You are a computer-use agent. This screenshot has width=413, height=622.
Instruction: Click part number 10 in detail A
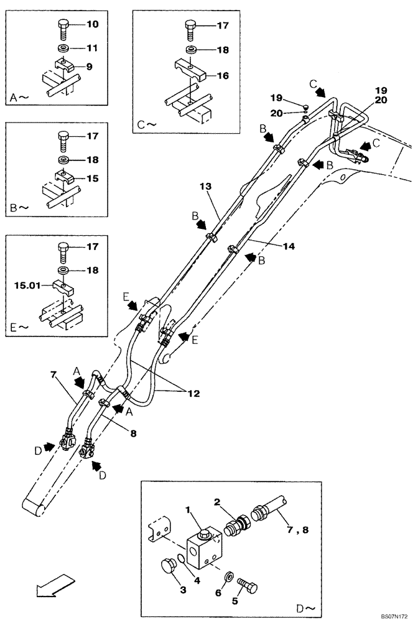coord(92,25)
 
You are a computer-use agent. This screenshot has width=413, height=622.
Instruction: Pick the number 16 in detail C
coord(224,76)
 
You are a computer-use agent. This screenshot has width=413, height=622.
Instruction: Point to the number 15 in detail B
coord(93,179)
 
